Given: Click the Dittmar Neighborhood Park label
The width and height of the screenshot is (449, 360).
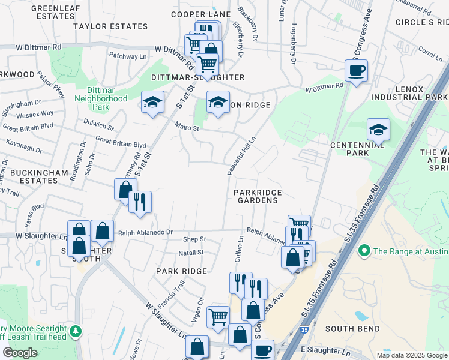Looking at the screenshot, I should tap(100, 98).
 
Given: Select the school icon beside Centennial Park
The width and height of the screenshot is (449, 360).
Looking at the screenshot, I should tap(378, 129).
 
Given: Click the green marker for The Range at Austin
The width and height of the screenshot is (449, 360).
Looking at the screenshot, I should tap(363, 250).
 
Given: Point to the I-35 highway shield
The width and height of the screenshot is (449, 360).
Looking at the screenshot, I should tap(304, 330).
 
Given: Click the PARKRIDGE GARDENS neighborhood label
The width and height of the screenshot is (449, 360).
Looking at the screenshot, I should tap(258, 196).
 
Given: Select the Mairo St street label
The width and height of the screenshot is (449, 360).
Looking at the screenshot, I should tap(187, 127).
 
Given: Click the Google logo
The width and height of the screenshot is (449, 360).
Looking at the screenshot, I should tap(20, 352).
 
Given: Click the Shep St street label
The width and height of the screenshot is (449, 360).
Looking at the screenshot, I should tap(194, 239).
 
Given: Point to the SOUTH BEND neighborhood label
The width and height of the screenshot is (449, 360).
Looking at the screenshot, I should tap(352, 329).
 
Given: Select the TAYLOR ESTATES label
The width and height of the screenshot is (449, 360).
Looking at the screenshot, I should tap(110, 26).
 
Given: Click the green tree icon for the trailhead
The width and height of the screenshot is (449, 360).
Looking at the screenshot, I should tap(75, 331).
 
